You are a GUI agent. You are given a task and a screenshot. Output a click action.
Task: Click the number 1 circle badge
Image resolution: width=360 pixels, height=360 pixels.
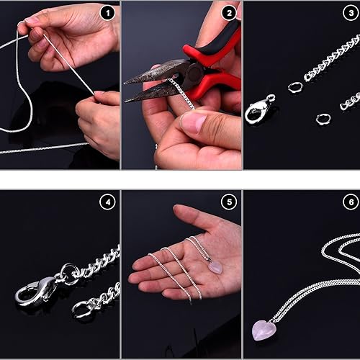tap(107, 13)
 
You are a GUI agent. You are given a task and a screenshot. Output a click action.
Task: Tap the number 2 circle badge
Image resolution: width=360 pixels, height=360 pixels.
tap(229, 13)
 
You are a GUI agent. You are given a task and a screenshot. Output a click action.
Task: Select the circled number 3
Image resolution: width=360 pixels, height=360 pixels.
tap(350, 13)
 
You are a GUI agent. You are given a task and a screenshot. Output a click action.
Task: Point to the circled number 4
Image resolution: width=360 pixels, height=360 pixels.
tap(107, 202)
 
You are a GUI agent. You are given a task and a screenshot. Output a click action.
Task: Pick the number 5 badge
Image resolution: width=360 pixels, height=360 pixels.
tap(229, 202)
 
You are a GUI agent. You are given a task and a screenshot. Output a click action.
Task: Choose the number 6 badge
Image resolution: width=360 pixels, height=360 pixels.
tap(350, 202)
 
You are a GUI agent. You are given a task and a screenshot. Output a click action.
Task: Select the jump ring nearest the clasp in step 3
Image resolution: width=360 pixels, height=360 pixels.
tap(295, 86)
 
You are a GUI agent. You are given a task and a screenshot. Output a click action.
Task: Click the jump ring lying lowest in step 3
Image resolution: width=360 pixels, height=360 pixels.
tap(323, 118)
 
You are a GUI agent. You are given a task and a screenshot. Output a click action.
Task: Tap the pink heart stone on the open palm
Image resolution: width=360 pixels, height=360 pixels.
tap(215, 267)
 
